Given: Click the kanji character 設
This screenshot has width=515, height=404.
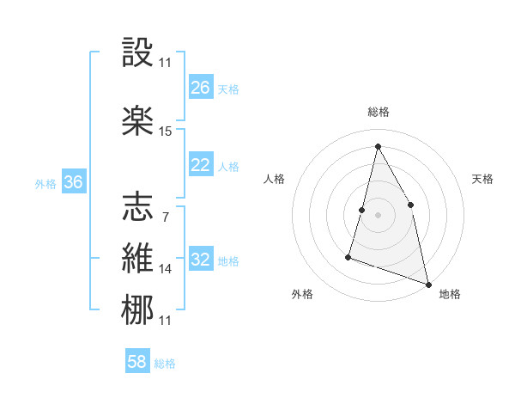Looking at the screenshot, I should pos(137,53).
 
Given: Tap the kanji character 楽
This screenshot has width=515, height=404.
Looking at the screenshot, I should pos(137,119).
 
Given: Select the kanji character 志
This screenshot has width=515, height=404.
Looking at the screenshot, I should pos(137,207).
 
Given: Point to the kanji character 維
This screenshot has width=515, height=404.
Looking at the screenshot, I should pos(137,259).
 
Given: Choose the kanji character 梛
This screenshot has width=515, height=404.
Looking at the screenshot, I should pos(137,309).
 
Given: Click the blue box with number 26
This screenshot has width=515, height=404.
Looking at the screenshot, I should pos(201,88).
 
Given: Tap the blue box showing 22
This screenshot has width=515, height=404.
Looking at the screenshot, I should pos(201,165).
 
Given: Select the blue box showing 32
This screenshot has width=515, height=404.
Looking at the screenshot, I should pos(201,260).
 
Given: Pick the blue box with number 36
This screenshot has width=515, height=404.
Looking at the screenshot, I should pos(73,182).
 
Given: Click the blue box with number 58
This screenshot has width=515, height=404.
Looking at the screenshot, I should pos(137,362).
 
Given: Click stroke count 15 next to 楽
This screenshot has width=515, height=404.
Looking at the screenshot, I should pos(166,132).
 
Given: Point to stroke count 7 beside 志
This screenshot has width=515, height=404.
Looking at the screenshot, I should pos(165,217).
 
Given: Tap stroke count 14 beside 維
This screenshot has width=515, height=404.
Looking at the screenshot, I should pos(166,269).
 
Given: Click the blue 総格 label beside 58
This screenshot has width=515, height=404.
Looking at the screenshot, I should pos(165,364).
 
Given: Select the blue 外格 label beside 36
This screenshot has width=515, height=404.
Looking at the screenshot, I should pos(45,184).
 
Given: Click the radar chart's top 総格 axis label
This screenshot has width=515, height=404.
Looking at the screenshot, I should pos(379,112).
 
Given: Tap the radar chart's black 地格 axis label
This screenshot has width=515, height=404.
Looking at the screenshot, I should pos(450,294).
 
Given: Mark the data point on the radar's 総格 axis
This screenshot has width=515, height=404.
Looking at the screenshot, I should pos(378,146).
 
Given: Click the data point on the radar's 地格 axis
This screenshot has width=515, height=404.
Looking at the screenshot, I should pos(428,284).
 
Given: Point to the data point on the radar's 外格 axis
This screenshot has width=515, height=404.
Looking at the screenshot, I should pos(349,256).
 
